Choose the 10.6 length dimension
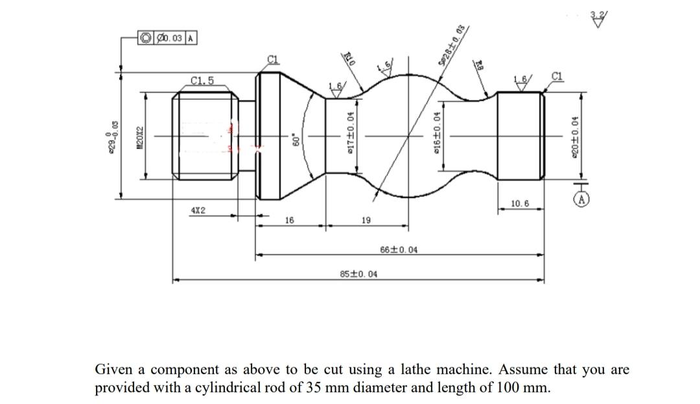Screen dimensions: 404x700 [x=520, y=204]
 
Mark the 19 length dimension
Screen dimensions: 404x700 [x=366, y=221]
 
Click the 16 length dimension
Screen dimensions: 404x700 [x=290, y=221]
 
